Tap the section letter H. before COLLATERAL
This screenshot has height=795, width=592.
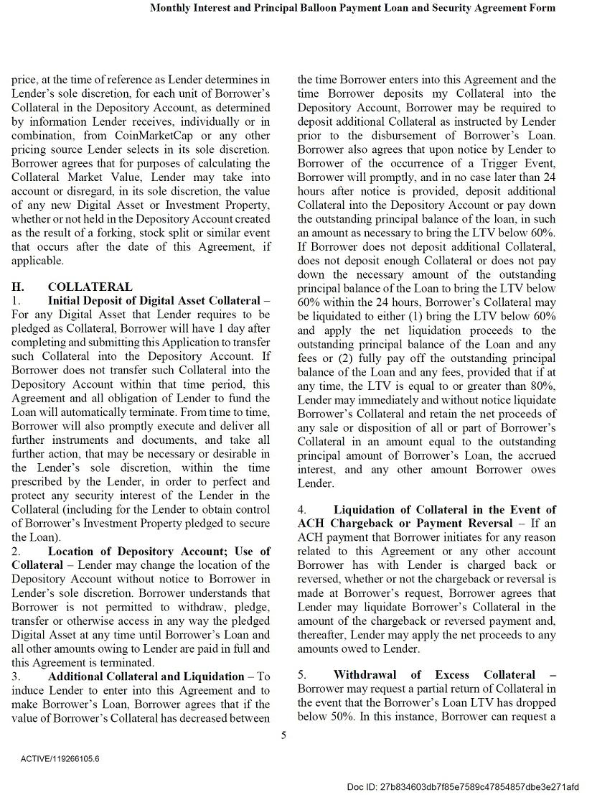(19, 287)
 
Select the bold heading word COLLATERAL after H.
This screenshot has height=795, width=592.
(90, 287)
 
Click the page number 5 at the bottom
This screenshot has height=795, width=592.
(284, 735)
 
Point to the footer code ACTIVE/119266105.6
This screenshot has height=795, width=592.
(60, 758)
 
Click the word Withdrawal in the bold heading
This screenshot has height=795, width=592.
(365, 674)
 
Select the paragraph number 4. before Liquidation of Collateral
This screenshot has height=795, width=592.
(303, 510)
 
